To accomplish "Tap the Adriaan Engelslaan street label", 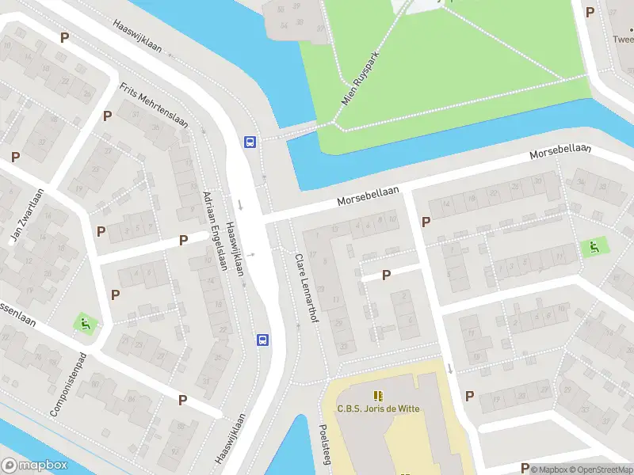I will [x=215, y=230].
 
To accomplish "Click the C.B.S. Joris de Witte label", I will [x=378, y=409].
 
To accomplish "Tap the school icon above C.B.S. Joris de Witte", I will [x=378, y=394].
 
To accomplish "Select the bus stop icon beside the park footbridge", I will [x=250, y=142].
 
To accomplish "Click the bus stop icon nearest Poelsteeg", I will [x=262, y=340].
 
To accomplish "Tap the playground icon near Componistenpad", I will [x=84, y=323].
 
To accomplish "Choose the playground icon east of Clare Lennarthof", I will [x=591, y=247].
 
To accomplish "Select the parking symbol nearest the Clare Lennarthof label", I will [x=387, y=275].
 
